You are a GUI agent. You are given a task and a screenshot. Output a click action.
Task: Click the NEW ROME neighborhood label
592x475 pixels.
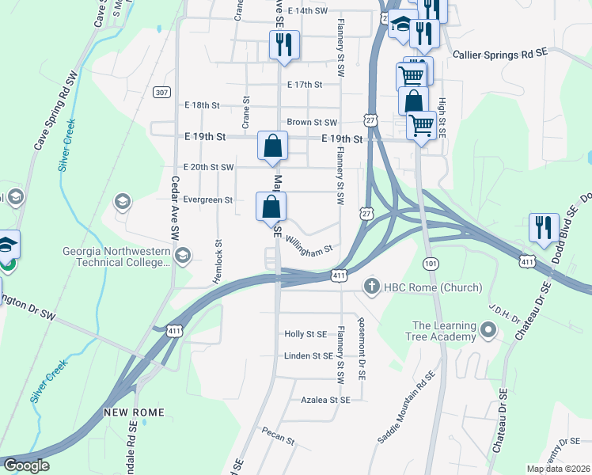tap(133, 413)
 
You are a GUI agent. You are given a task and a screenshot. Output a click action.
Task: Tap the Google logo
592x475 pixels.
tap(25, 465)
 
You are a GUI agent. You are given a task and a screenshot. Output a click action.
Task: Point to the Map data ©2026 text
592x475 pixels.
tap(558, 469)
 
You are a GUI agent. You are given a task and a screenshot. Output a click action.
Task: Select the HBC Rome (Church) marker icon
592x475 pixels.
tap(370, 286)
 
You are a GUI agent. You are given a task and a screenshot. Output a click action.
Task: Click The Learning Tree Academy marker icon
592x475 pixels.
tap(488, 328)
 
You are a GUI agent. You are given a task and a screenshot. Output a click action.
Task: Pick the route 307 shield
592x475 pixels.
tap(161, 93)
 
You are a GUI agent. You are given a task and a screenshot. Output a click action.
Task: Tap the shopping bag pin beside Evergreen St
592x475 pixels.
tap(271, 207)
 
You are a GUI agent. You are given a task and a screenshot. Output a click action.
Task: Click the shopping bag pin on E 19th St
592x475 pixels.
tap(272, 146)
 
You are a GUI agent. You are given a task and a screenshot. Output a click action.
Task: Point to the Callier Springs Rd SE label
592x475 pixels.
tap(500, 55)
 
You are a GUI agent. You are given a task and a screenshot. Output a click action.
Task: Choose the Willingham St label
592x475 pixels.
tap(309, 245)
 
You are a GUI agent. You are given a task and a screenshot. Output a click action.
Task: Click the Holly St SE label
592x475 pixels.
tap(305, 334)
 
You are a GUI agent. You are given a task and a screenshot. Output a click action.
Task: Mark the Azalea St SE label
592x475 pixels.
tap(324, 401)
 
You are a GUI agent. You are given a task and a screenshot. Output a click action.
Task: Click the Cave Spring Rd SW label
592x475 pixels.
tap(53, 112)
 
